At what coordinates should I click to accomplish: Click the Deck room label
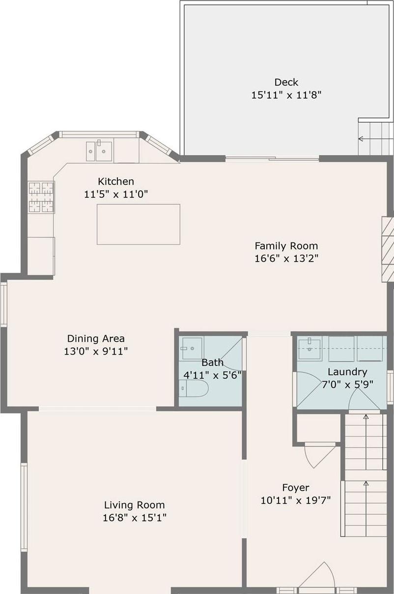(286, 82)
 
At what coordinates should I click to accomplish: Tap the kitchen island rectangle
(138, 224)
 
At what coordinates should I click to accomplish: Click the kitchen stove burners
(41, 197)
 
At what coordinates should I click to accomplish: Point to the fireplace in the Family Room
(388, 249)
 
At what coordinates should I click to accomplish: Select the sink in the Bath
(192, 349)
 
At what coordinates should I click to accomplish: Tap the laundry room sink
(310, 349)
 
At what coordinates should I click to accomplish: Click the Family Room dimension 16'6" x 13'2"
(286, 258)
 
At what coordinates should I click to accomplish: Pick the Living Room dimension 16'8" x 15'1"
(134, 518)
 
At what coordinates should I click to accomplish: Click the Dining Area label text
(96, 338)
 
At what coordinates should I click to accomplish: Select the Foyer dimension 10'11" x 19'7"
(296, 501)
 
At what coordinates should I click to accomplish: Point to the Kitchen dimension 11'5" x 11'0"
(116, 194)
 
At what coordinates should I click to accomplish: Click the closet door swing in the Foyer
(318, 455)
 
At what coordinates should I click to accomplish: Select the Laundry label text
(347, 372)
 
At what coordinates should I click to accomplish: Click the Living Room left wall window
(24, 506)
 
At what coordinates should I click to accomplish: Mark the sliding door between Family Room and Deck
(272, 158)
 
